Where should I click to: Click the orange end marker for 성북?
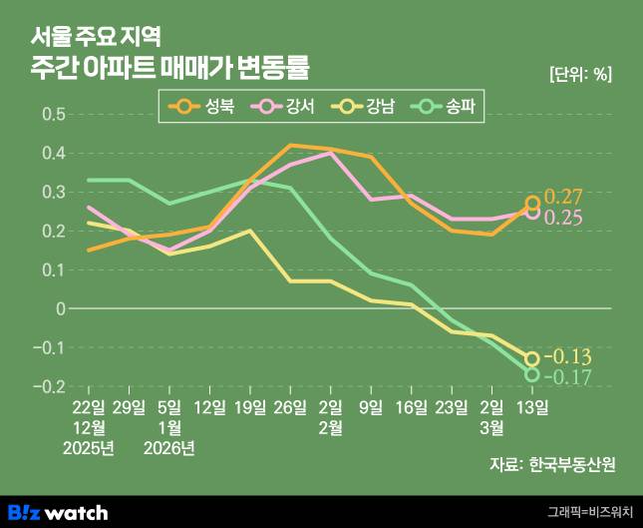click(x=532, y=204)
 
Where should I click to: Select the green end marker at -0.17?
click(x=532, y=375)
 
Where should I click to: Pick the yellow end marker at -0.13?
click(x=532, y=359)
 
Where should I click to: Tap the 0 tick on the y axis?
click(x=59, y=309)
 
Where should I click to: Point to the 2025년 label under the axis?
click(x=88, y=447)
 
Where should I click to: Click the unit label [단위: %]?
click(x=580, y=73)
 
